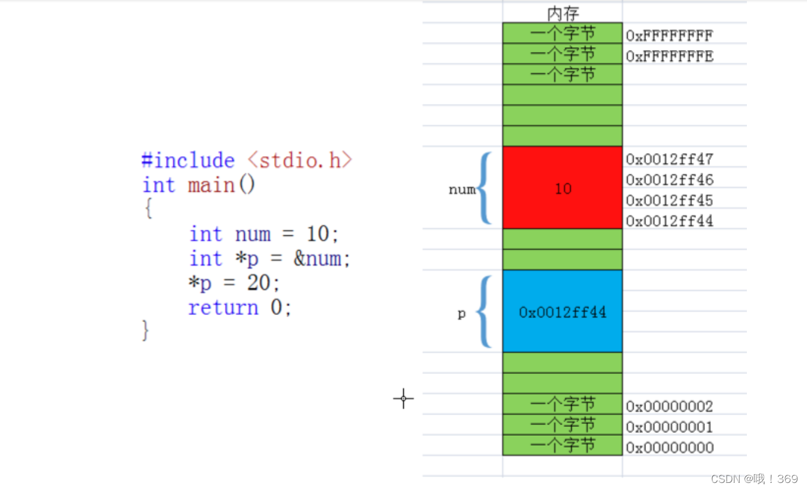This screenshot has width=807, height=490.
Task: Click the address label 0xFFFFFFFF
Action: click(x=669, y=36)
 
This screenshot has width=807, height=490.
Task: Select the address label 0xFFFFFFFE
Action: click(x=669, y=57)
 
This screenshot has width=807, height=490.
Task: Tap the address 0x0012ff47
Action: click(x=669, y=159)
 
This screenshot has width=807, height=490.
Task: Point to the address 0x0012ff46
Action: click(x=669, y=180)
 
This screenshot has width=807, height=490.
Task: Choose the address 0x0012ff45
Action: click(x=669, y=200)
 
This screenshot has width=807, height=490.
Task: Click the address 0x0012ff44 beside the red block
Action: click(x=669, y=221)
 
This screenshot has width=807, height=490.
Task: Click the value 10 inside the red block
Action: click(x=563, y=189)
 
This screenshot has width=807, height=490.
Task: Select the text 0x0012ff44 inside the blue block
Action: click(x=562, y=313)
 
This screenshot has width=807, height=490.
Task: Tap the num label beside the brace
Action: click(x=462, y=190)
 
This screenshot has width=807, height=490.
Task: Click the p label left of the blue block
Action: click(x=462, y=314)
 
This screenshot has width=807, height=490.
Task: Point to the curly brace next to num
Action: click(x=484, y=189)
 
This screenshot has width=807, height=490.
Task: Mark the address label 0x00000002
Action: click(x=669, y=406)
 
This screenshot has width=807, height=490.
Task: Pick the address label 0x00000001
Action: click(x=669, y=427)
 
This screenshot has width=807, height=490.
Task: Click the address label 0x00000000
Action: click(x=669, y=448)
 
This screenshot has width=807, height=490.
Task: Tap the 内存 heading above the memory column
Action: click(x=563, y=14)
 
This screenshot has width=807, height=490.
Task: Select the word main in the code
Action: click(x=211, y=185)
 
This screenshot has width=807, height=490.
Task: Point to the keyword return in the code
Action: click(x=223, y=308)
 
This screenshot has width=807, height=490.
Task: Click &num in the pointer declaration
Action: click(x=318, y=259)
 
